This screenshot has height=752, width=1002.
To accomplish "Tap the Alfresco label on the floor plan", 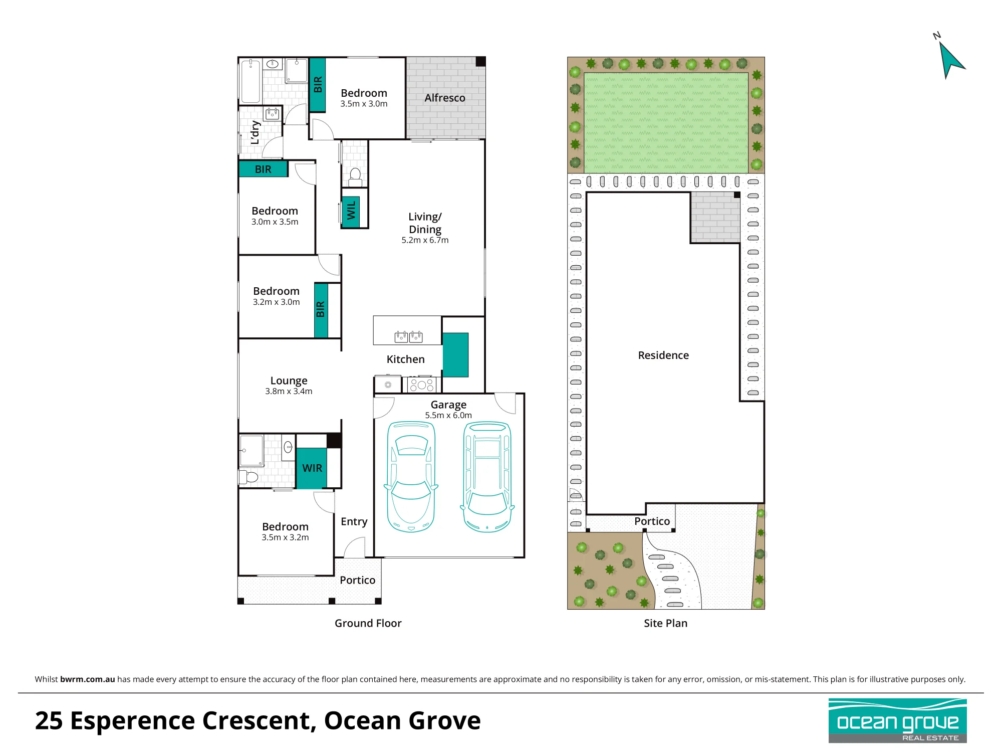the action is pos(445,98).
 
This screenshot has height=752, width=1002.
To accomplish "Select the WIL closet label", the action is pos(351,210).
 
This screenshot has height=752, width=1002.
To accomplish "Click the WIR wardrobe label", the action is pos(312,468).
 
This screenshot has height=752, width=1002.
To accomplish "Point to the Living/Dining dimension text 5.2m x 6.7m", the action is pos(425,240).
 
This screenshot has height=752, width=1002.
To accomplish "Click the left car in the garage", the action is pos(411,476).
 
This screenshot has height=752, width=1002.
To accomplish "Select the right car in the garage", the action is pos(487,476).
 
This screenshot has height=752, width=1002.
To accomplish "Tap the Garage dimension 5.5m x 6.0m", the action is pos(448,415).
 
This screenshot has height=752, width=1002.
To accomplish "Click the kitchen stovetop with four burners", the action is pos(422,385).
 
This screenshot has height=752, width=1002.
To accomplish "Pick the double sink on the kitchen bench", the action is pos(409,337).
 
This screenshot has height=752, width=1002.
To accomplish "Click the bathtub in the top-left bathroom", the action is pos(250,81).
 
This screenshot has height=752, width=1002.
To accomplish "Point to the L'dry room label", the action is pos(255,132).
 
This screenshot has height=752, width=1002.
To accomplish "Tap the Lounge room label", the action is pos(289,381).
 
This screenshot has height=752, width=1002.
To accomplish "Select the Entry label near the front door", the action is pos(354,522).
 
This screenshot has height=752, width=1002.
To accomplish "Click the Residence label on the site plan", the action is pos(663,355).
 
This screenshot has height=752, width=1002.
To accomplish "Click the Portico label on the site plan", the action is pos(652,521).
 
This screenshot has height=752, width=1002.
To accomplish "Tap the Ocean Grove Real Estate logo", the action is pos(897,720).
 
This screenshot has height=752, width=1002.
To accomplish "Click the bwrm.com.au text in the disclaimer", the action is pos(88,679).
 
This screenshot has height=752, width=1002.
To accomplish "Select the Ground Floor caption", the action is pos(368,623).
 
